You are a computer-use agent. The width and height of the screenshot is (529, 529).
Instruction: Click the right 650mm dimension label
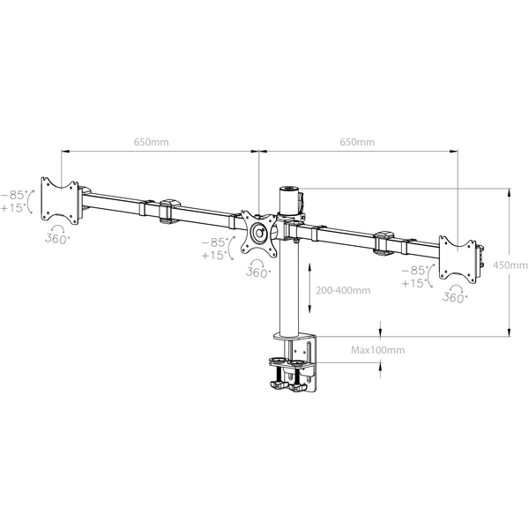[x=357, y=140]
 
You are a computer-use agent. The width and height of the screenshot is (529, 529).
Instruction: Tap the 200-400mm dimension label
[x=342, y=289]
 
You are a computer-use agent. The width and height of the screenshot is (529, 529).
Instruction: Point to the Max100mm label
[x=377, y=350]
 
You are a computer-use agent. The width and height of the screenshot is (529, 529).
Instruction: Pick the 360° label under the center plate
[x=257, y=272]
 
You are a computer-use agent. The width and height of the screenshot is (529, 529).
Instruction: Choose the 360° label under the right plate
[x=454, y=298]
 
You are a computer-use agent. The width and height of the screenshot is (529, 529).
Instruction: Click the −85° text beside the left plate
[x=13, y=194]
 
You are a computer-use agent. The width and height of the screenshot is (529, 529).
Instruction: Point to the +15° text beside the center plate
[x=212, y=256]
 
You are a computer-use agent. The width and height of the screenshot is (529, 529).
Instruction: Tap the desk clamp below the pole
[x=294, y=370]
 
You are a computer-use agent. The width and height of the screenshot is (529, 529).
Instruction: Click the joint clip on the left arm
[x=167, y=212]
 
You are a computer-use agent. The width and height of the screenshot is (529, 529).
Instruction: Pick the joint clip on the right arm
[x=384, y=242]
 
